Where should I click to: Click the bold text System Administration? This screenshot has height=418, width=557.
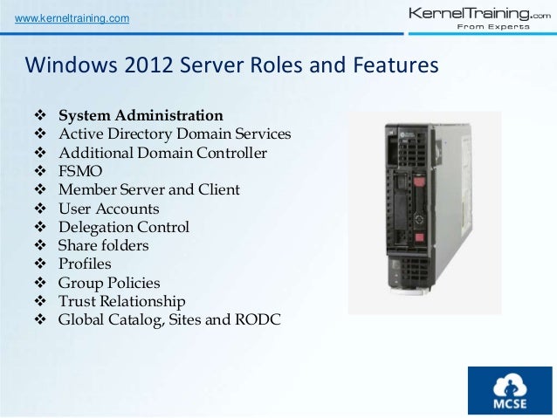pyautogui.click(x=140, y=115)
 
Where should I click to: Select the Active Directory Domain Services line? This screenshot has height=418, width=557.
pyautogui.click(x=175, y=134)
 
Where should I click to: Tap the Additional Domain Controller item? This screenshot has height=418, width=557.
pyautogui.click(x=162, y=153)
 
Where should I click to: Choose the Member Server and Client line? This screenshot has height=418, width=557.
pyautogui.click(x=148, y=190)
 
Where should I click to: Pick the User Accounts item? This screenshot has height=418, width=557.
pyautogui.click(x=108, y=209)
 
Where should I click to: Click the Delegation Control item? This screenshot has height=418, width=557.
pyautogui.click(x=123, y=227)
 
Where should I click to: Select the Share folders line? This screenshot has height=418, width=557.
pyautogui.click(x=103, y=246)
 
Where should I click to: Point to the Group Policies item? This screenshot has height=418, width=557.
pyautogui.click(x=109, y=283)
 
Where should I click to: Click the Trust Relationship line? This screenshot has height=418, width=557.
pyautogui.click(x=121, y=301)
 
